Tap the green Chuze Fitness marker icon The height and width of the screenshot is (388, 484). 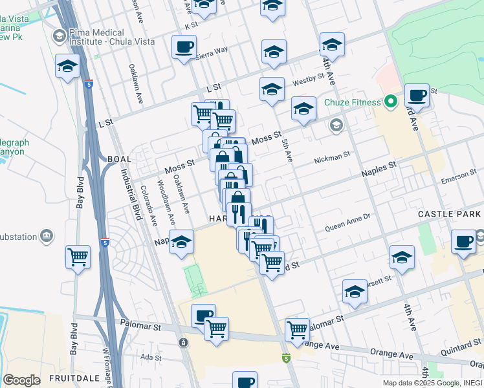tap(390, 101)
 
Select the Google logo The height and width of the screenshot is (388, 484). tap(21, 380)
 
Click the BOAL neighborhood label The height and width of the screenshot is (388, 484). tap(120, 158)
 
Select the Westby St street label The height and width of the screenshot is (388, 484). tap(308, 80)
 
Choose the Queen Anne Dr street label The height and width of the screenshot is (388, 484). tap(347, 223)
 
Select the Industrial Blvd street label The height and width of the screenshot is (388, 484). tap(129, 194)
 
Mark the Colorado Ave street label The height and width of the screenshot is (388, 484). tap(148, 206)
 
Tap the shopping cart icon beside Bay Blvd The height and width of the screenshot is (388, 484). tap(78, 256)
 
